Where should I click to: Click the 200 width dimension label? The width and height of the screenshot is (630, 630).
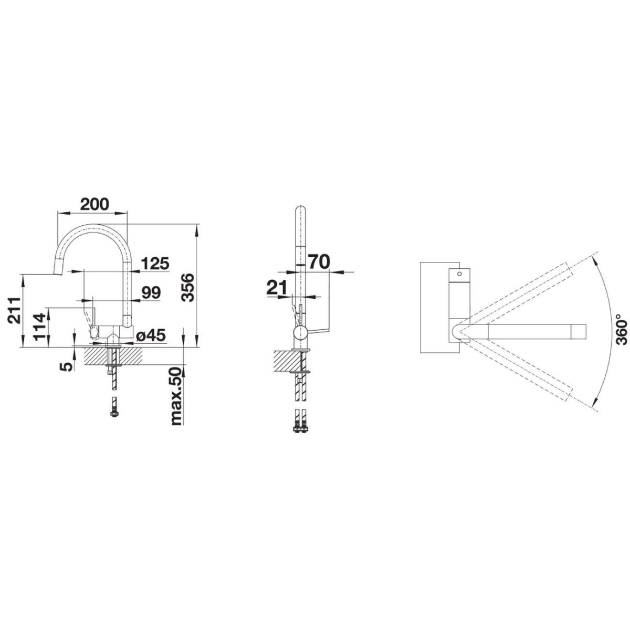[94, 204]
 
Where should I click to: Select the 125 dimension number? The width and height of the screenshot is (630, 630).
[155, 263]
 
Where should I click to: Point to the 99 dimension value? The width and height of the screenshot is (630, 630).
[151, 292]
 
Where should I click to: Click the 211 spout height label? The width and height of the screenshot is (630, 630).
[15, 311]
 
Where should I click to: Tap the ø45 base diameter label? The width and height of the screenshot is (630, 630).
[151, 335]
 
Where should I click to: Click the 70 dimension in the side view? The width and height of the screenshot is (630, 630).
[319, 261]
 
